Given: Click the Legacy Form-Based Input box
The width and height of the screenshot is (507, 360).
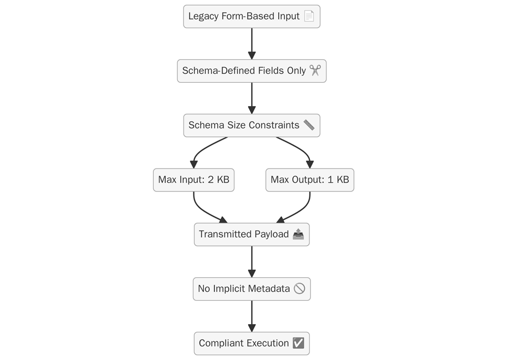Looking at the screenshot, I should click(x=252, y=17).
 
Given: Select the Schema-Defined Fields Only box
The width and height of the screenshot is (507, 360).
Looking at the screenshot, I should click(x=252, y=71).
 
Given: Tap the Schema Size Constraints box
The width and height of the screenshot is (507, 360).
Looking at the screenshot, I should click(x=252, y=125).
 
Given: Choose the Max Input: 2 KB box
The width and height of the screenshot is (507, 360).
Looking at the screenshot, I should click(x=193, y=180).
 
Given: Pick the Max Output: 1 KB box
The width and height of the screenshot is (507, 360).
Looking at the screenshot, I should click(x=310, y=180).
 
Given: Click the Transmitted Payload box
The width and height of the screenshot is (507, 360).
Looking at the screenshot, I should click(x=252, y=235).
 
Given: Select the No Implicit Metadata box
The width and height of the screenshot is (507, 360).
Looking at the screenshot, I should click(x=252, y=289).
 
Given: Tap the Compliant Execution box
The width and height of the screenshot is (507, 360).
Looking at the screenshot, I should click(x=252, y=343).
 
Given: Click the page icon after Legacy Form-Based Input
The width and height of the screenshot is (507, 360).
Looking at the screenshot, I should click(x=309, y=17).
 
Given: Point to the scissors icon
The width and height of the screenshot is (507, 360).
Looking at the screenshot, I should click(x=315, y=71).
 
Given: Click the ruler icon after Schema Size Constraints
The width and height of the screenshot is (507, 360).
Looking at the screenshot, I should click(x=309, y=125).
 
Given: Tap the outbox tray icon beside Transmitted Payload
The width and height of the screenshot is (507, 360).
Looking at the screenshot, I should click(x=298, y=235).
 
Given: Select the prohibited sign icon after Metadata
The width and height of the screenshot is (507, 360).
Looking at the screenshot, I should click(x=299, y=289).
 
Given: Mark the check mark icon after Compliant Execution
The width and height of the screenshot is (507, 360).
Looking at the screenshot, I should click(x=298, y=343).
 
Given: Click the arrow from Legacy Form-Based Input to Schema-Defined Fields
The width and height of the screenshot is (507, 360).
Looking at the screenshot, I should click(x=252, y=44).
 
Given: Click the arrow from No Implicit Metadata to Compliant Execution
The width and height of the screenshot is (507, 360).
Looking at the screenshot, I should click(x=252, y=316).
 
